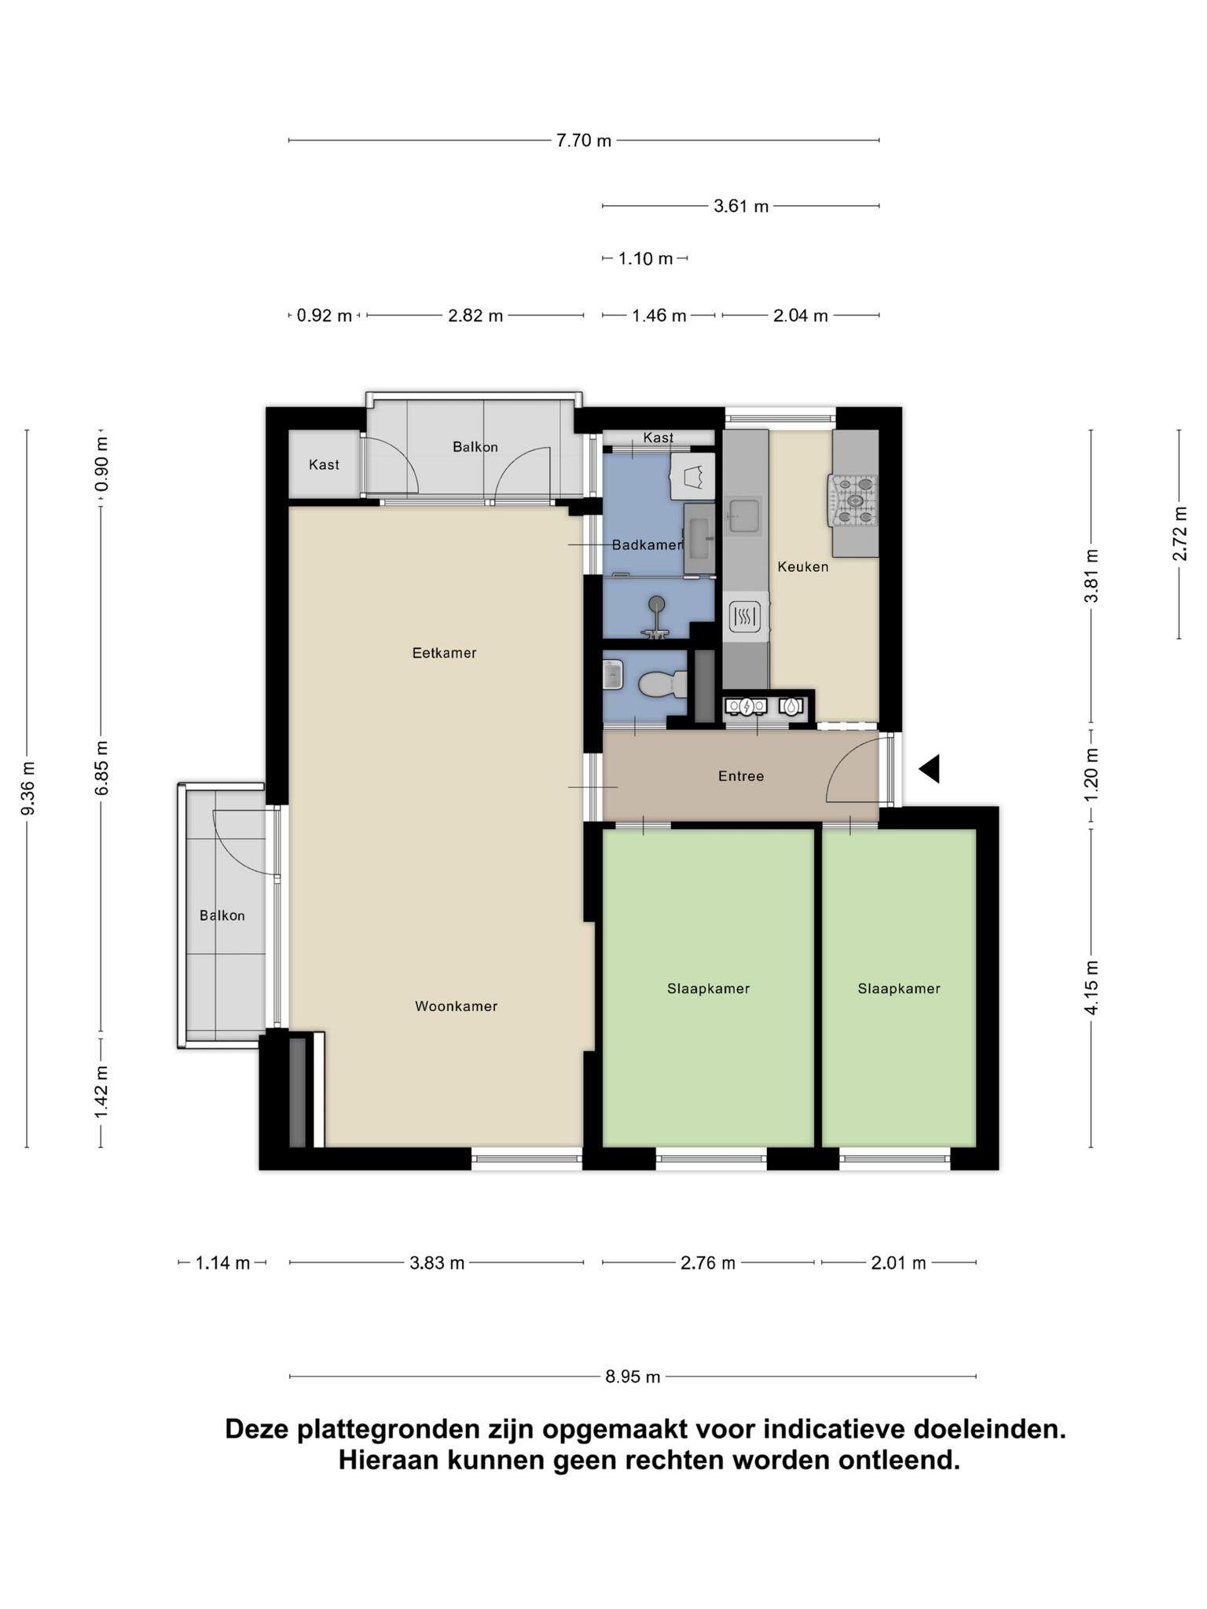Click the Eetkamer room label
click(444, 653)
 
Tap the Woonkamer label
click(456, 1006)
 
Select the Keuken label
click(803, 566)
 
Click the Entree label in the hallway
click(741, 776)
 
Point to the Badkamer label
click(648, 544)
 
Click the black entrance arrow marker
click(930, 768)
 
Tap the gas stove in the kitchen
click(853, 500)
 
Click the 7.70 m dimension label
click(584, 141)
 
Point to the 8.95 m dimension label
click(633, 1376)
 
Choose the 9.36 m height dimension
click(28, 788)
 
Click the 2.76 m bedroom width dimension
click(708, 1263)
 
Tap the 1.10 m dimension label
click(645, 258)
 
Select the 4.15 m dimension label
click(1091, 987)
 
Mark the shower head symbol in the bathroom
click(656, 603)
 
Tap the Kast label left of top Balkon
click(324, 465)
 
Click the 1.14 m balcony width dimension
click(222, 1263)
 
